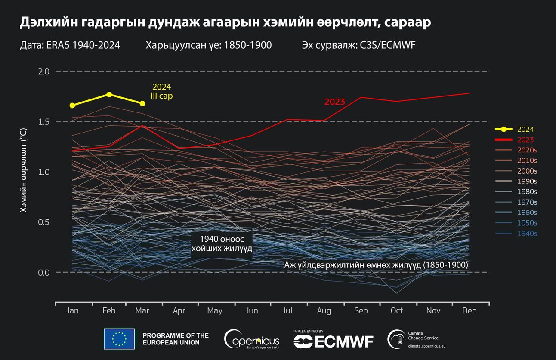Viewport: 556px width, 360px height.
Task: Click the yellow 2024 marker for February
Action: tap(109, 94)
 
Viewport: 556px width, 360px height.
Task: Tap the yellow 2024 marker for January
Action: tap(72, 106)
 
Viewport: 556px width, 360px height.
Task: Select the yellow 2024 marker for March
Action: tap(142, 103)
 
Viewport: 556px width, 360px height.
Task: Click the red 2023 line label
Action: tap(334, 102)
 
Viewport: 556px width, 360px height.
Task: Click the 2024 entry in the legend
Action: tap(525, 129)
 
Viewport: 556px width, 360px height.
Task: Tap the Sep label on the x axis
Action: tap(361, 311)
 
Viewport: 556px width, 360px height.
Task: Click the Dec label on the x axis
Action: tap(470, 311)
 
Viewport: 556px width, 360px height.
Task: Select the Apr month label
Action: tap(179, 311)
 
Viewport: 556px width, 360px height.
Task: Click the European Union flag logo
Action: tap(119, 338)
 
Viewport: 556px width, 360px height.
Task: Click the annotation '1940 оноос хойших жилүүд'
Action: tap(221, 244)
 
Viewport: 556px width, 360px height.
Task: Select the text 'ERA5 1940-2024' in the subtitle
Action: tap(83, 45)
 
